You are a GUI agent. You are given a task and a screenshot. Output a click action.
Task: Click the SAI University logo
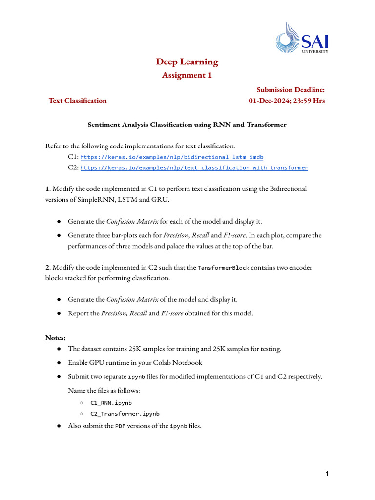tap(302, 38)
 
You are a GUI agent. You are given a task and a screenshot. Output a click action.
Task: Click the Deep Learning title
tap(187, 62)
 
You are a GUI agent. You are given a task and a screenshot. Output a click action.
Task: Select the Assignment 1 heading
tap(187, 75)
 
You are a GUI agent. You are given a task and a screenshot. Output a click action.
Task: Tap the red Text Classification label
tap(77, 101)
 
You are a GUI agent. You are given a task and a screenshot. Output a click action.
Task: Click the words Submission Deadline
tap(291, 90)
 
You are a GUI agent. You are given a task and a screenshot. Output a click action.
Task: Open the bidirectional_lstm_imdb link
tap(171, 157)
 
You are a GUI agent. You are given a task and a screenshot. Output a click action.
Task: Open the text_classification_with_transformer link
tap(194, 168)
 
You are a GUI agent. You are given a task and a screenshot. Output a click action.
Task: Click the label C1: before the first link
tap(73, 157)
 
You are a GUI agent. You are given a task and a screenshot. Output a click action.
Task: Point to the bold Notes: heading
tap(56, 338)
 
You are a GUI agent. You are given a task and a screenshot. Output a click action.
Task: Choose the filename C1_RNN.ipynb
tap(111, 403)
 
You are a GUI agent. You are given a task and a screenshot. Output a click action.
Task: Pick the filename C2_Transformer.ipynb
tap(125, 414)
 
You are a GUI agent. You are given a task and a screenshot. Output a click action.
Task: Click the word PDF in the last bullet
tap(121, 426)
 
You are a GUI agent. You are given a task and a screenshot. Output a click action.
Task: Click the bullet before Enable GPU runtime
tap(59, 363)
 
